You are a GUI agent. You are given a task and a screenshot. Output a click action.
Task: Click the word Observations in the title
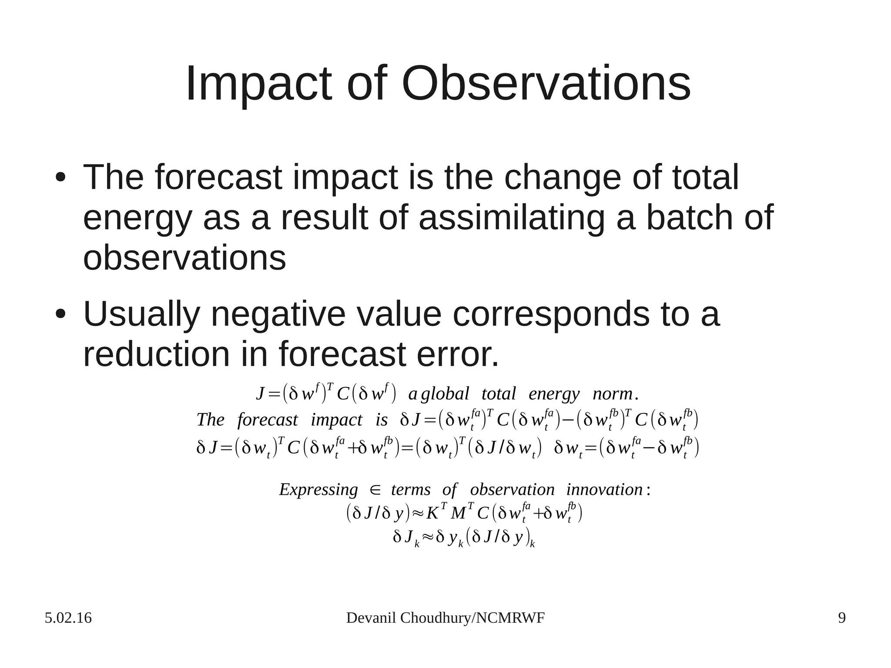tap(546, 84)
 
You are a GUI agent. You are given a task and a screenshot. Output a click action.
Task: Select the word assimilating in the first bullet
tap(512, 218)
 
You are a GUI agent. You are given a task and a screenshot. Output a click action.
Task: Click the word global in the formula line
tap(445, 394)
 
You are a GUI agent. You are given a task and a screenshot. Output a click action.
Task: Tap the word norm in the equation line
tap(613, 394)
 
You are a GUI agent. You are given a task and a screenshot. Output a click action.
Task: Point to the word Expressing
tap(318, 490)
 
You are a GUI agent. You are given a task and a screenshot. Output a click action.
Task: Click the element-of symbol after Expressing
tap(375, 490)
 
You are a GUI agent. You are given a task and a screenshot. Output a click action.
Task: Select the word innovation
tap(604, 490)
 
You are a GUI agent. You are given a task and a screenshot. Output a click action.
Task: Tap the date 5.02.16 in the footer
tap(68, 618)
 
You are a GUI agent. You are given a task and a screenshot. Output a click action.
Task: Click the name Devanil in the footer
tap(371, 618)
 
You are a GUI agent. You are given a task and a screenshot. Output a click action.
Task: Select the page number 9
tap(842, 618)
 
